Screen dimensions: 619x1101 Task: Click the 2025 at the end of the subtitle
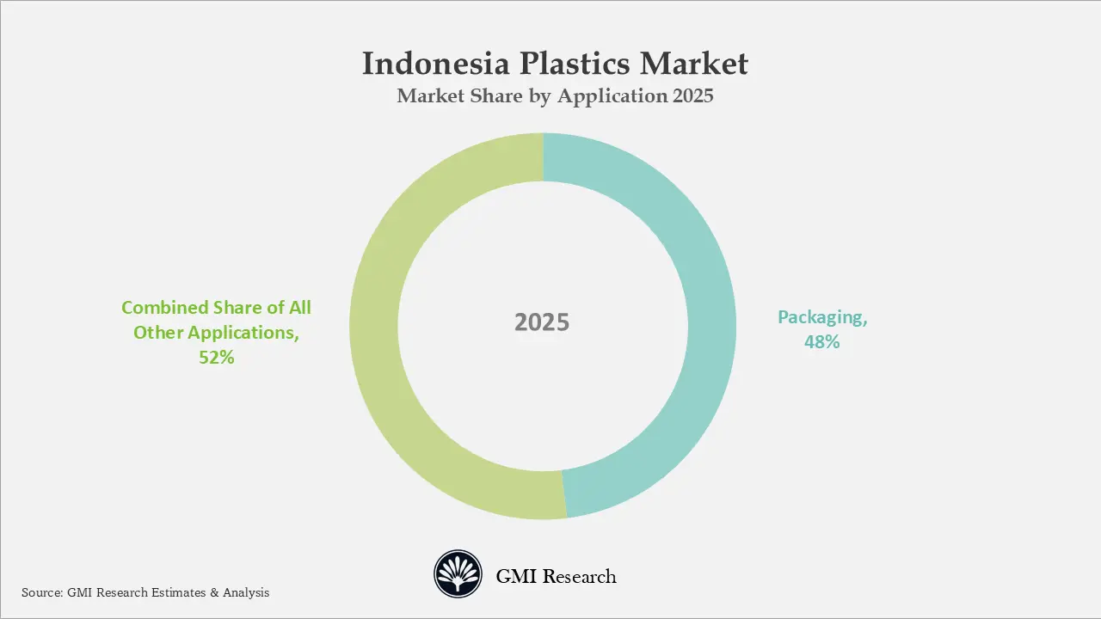(x=692, y=96)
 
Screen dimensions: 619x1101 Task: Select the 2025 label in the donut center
(x=542, y=322)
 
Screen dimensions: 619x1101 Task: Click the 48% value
(x=821, y=342)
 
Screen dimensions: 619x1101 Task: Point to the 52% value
(x=216, y=358)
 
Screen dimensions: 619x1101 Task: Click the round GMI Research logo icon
(x=458, y=575)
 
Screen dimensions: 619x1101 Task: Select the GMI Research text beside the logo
(x=556, y=577)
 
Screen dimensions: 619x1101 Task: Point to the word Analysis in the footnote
(x=246, y=592)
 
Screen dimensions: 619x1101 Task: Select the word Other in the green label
(x=158, y=333)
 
